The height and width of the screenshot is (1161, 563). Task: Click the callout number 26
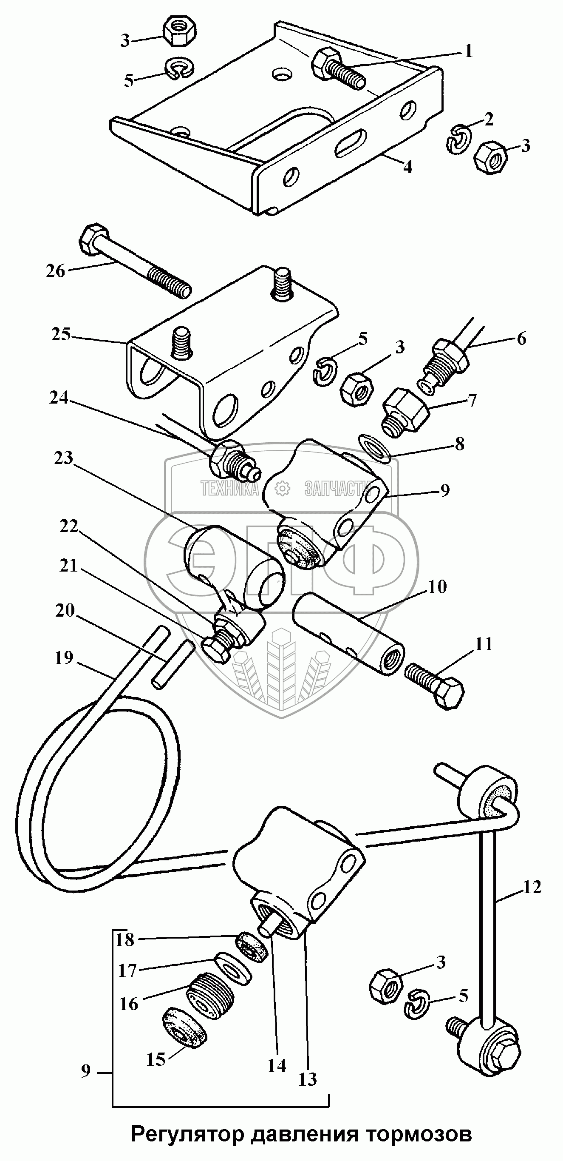(55, 271)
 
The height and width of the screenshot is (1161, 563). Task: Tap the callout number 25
(61, 335)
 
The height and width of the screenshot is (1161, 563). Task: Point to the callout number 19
(63, 657)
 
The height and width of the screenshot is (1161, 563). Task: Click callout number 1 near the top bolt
(468, 51)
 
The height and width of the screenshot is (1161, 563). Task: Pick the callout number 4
(407, 167)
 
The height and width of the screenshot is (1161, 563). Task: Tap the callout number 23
(63, 458)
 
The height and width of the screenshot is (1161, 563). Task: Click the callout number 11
(484, 644)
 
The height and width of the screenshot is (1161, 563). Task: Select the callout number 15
(156, 1059)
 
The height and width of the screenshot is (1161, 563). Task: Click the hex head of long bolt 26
(93, 239)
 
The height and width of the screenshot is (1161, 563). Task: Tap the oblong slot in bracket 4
(351, 142)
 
